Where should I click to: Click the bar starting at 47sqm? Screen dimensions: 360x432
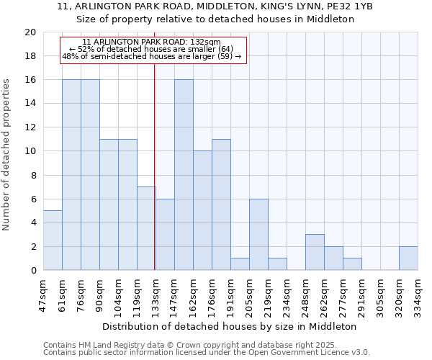pyautogui.click(x=53, y=240)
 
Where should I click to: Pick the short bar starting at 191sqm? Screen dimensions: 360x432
pyautogui.click(x=240, y=264)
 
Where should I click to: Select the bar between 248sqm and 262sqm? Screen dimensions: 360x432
pyautogui.click(x=315, y=252)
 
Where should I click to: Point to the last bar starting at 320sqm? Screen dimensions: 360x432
pyautogui.click(x=408, y=258)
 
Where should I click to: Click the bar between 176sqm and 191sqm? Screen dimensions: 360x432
pyautogui.click(x=221, y=204)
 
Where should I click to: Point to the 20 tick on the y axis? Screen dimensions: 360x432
pyautogui.click(x=30, y=32)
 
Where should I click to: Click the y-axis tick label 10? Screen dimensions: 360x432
pyautogui.click(x=30, y=151)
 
